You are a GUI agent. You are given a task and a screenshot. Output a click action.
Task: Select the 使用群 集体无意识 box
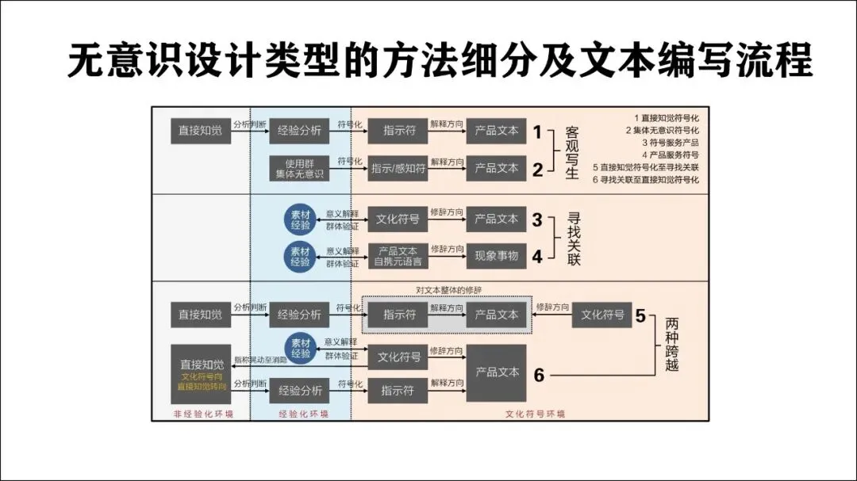click(299, 168)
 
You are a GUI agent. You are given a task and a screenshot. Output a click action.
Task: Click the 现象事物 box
click(496, 256)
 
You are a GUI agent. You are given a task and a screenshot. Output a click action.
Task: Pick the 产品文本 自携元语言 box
click(398, 256)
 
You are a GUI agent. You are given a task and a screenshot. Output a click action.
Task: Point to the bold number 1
click(537, 132)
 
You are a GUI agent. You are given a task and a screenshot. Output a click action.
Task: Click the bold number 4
click(537, 257)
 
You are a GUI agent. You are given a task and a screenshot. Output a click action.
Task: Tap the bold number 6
click(539, 376)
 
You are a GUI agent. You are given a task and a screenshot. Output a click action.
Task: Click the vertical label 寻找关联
click(574, 238)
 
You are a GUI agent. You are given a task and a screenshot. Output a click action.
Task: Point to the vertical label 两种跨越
click(672, 344)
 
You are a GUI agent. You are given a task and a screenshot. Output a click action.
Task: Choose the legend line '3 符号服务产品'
click(671, 143)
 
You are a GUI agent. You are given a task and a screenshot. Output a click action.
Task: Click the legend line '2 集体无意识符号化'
click(662, 130)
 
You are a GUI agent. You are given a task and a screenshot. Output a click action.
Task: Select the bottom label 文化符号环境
click(536, 414)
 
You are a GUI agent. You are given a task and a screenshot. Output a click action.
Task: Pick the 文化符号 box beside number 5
click(602, 315)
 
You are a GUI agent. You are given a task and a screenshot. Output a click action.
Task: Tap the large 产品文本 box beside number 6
click(496, 372)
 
